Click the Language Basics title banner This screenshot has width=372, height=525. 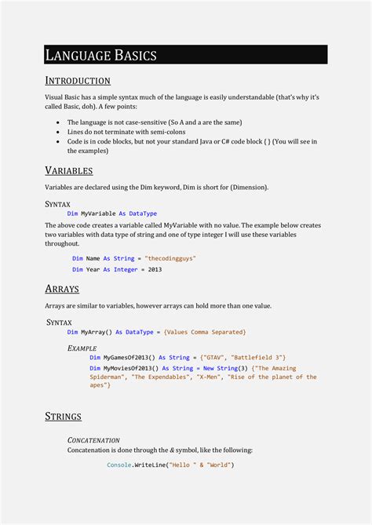click(x=185, y=55)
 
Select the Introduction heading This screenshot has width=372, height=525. click(x=78, y=81)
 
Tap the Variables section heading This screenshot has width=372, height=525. click(x=69, y=170)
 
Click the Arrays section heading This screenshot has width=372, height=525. click(x=62, y=289)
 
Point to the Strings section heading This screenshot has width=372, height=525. click(x=64, y=416)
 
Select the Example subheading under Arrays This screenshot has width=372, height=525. click(x=82, y=347)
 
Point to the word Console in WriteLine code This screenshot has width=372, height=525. click(x=120, y=465)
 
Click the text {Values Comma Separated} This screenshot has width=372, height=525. click(x=205, y=332)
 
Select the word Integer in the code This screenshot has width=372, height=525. click(x=126, y=270)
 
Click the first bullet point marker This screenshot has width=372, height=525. click(x=60, y=122)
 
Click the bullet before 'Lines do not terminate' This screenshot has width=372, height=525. click(x=60, y=132)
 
